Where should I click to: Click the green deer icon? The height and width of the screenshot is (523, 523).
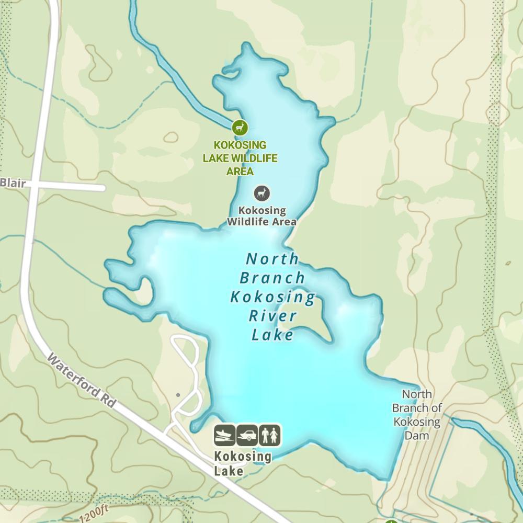[240, 127]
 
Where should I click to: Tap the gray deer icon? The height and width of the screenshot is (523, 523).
[262, 194]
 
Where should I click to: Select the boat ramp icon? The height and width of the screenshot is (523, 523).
[224, 435]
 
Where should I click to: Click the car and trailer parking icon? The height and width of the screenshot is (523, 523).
[247, 435]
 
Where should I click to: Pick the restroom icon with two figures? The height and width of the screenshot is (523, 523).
[269, 435]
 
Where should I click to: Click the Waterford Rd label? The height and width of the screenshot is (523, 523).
[81, 380]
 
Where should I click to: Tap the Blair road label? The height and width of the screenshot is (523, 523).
[13, 183]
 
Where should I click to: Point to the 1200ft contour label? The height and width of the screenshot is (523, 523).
[94, 513]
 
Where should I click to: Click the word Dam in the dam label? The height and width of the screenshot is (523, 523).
[417, 435]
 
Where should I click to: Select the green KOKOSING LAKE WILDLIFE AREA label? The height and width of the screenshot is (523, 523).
[240, 158]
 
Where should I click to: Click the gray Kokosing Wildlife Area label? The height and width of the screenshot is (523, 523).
[261, 216]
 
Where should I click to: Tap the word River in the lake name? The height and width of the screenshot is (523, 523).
[272, 316]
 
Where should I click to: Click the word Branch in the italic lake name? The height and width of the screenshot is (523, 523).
[272, 278]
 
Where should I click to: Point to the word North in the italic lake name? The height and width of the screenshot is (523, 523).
[272, 259]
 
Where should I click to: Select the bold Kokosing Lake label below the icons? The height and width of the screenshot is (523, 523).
[242, 463]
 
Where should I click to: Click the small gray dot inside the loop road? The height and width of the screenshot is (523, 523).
[178, 395]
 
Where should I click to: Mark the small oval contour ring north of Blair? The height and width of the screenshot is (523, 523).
[170, 138]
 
